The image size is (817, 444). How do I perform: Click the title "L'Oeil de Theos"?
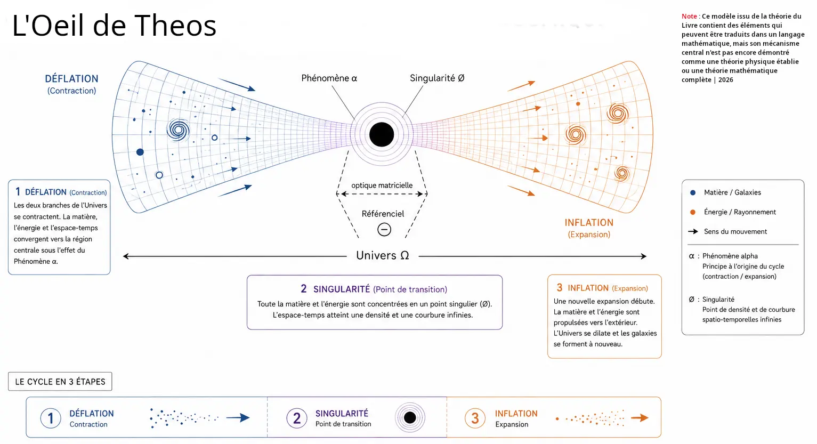(x=114, y=25)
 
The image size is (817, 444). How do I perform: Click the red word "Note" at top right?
(x=689, y=16)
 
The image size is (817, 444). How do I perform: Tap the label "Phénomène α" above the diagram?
(x=329, y=78)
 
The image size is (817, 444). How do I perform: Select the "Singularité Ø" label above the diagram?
(x=437, y=78)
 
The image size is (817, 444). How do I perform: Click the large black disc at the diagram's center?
(x=382, y=135)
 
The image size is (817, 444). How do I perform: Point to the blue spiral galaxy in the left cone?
(x=179, y=130)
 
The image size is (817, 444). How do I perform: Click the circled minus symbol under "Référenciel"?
(x=384, y=230)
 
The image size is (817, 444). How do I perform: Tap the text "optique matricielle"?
(x=382, y=185)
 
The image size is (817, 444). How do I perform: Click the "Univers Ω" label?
(x=382, y=255)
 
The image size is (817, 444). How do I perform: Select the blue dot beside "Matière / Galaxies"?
(x=693, y=192)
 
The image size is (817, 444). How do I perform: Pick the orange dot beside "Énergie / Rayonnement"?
(x=693, y=212)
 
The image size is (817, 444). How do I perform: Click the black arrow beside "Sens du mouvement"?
(x=693, y=231)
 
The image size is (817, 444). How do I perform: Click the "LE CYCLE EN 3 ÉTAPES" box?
(x=60, y=382)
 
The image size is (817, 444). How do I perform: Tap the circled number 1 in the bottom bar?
(x=51, y=418)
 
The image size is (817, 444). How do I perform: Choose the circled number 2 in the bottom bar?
(x=297, y=418)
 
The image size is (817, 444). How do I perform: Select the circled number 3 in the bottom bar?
(x=475, y=418)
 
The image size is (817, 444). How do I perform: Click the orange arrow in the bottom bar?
(x=640, y=418)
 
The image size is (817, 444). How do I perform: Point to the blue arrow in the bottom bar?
(x=238, y=418)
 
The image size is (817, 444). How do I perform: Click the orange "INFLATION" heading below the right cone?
(x=589, y=223)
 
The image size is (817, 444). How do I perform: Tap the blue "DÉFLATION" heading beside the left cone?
(x=71, y=79)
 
